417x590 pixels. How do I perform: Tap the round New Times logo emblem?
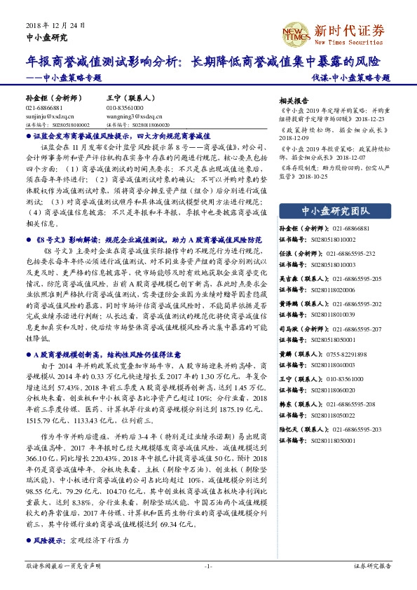tap(296, 33)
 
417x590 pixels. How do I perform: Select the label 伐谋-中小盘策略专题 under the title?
tap(350, 78)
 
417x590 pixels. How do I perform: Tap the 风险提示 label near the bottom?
tap(46, 541)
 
